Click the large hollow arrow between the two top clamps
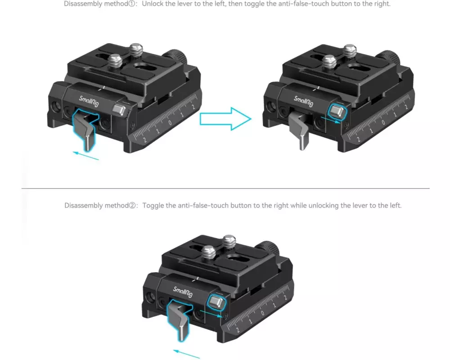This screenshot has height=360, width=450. (225, 119)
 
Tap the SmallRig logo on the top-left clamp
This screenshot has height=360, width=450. (89, 101)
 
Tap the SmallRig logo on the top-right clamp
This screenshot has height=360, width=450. (303, 101)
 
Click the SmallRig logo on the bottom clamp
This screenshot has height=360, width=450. (183, 292)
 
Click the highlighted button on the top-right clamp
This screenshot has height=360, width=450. (337, 112)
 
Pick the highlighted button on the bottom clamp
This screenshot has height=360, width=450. (216, 302)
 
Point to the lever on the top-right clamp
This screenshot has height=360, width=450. (300, 130)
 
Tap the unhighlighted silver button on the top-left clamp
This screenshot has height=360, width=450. (119, 110)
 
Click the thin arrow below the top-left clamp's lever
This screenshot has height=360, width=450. (85, 156)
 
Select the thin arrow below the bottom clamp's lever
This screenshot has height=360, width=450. (187, 354)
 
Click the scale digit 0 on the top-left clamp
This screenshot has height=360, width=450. (170, 123)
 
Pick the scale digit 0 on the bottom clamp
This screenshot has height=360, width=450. (262, 313)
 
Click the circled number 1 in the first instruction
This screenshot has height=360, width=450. (132, 4)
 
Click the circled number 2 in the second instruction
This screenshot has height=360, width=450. (132, 206)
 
